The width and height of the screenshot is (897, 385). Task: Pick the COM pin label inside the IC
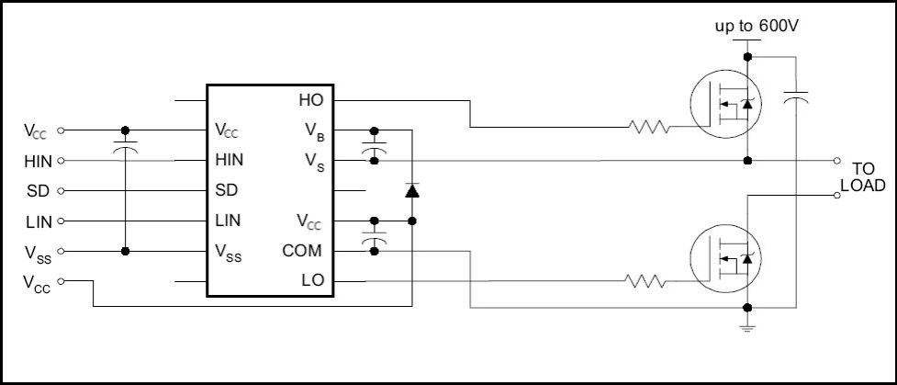pos(302,251)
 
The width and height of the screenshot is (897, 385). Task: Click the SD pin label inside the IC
pos(225,191)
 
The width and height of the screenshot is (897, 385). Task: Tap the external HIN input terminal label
pos(39,161)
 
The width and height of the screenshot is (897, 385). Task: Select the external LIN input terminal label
pos(39,221)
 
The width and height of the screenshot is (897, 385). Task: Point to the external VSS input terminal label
pos(38,252)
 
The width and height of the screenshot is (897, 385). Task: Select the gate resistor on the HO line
pos(650,128)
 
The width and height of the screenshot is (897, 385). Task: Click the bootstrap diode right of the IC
pos(412,191)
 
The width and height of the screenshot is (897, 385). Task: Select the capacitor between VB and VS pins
pos(374,147)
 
